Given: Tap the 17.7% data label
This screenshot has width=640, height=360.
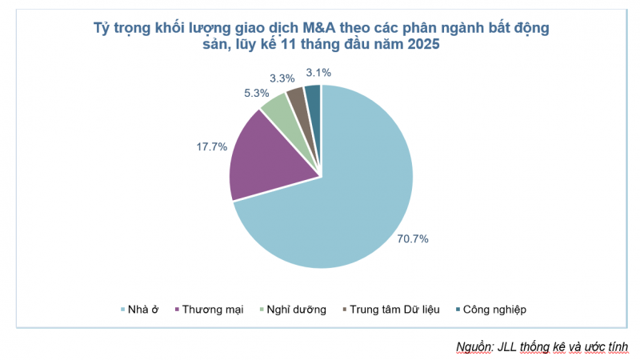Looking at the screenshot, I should pyautogui.click(x=211, y=146).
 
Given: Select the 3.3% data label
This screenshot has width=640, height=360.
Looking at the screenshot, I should pyautogui.click(x=282, y=78).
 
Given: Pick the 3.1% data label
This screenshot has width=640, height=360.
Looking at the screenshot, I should pyautogui.click(x=317, y=72).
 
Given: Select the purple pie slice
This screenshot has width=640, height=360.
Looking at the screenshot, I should pyautogui.click(x=264, y=156).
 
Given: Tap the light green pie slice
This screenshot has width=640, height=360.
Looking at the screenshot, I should pyautogui.click(x=277, y=109).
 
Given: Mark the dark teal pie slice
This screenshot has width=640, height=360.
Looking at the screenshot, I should pyautogui.click(x=313, y=96).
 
